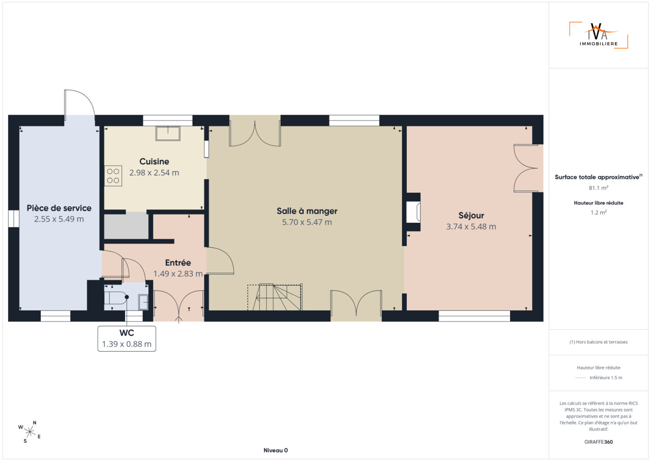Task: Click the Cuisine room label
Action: (x=154, y=161)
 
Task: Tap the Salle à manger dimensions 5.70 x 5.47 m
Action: (x=307, y=222)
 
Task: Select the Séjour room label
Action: (x=471, y=215)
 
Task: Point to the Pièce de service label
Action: (x=59, y=208)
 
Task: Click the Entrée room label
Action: (x=178, y=263)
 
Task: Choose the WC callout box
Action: (x=127, y=339)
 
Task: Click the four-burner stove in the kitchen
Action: (x=113, y=176)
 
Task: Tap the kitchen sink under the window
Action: (x=168, y=133)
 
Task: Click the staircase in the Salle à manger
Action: (x=275, y=297)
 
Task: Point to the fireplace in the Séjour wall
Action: (x=413, y=212)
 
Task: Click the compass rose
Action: (x=29, y=432)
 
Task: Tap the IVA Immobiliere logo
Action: (x=599, y=35)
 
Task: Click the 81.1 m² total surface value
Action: (x=599, y=188)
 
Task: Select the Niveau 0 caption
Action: (x=276, y=450)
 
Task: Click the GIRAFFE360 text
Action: (x=599, y=442)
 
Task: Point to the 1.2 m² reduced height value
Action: (x=599, y=213)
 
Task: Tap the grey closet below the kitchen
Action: (x=127, y=225)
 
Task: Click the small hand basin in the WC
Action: (x=143, y=302)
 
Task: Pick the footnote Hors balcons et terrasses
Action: (x=599, y=342)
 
